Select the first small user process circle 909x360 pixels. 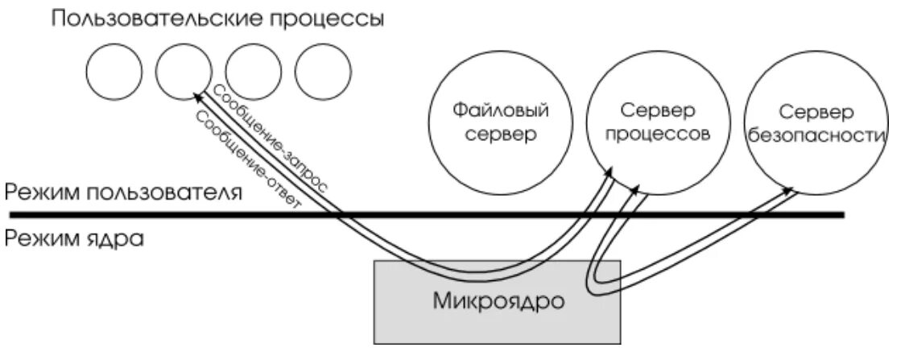[114, 72]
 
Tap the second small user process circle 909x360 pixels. [183, 72]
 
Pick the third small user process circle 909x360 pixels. [253, 72]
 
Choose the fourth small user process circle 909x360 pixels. [323, 72]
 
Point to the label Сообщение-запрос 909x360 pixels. [269, 137]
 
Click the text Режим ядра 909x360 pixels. [73, 239]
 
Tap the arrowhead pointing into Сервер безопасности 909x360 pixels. [788, 192]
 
